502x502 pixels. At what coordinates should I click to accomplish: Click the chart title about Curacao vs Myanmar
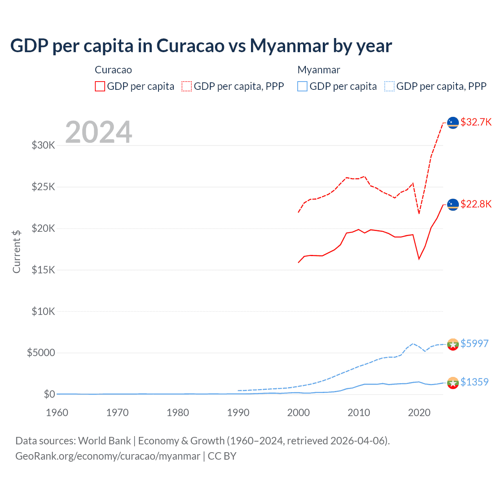coord(201,45)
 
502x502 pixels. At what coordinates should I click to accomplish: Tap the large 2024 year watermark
coord(98,132)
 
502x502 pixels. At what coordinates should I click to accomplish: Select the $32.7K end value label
coord(476,122)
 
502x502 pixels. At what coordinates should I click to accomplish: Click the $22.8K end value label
coord(476,204)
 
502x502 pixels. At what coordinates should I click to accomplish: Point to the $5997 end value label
coord(474,344)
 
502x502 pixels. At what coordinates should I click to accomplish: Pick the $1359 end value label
coord(474,382)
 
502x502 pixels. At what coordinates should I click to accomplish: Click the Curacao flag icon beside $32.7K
coord(453,122)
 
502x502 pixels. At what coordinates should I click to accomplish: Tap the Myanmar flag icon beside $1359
coord(453,382)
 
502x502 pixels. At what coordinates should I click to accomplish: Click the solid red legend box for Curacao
coord(100,86)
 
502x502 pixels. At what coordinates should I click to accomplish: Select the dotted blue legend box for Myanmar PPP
coord(389,86)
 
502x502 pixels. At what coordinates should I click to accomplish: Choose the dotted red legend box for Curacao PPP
coord(187,86)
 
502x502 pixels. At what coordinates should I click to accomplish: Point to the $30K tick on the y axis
coord(43,146)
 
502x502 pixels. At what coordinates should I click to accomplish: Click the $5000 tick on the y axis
coord(41,353)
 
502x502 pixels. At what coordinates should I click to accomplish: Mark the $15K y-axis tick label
coord(43,270)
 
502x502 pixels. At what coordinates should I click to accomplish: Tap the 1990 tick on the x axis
coord(238,413)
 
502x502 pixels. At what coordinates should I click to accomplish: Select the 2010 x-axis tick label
coord(359,413)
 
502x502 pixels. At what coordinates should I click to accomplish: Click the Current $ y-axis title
coord(16,251)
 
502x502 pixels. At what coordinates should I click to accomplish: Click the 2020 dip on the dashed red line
coord(419,213)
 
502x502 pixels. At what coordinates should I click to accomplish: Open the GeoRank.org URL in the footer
coord(107,456)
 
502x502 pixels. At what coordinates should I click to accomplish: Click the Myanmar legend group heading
coord(318,70)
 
